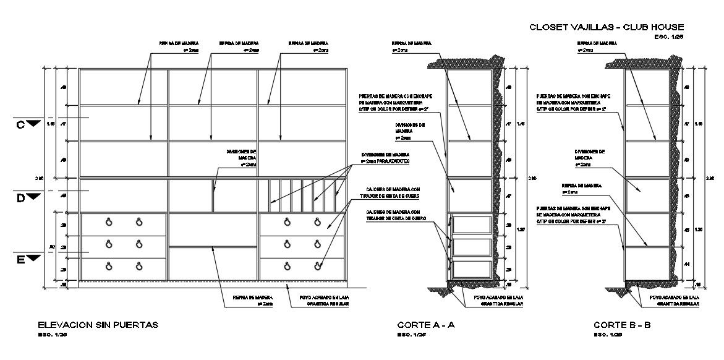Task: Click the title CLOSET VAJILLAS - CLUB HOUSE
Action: [x=607, y=27]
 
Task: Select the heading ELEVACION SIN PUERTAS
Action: [x=98, y=324]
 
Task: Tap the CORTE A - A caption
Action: [x=426, y=324]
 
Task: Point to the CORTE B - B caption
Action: [x=622, y=324]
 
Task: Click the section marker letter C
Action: [x=20, y=125]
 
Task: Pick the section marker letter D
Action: [x=20, y=197]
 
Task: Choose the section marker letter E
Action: [x=20, y=259]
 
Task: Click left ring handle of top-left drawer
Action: [x=109, y=222]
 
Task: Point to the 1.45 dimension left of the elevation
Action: [x=50, y=124]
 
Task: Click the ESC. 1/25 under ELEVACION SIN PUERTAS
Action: [x=52, y=335]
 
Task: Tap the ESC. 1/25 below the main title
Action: [x=670, y=37]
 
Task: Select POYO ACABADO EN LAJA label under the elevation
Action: [x=319, y=296]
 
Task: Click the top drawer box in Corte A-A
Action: [x=472, y=225]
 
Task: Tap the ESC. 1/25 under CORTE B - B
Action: [x=608, y=335]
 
